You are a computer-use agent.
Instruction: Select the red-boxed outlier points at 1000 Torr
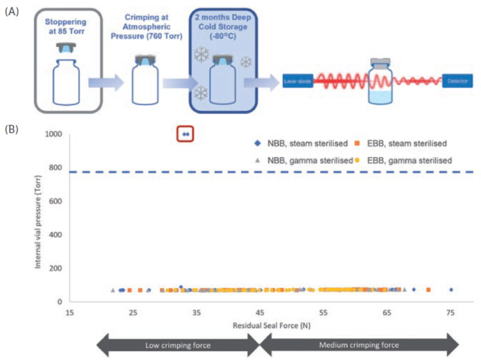pyautogui.click(x=185, y=134)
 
